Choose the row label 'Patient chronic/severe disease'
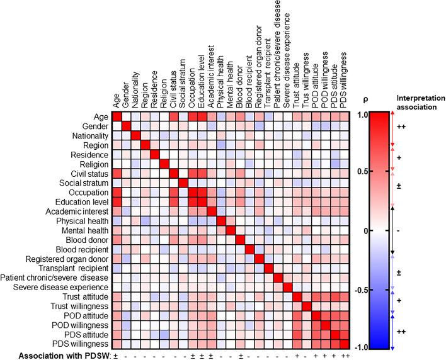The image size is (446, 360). tap(55, 278)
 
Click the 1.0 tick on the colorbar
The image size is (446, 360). tap(362, 115)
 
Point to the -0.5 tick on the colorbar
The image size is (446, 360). tap(360, 290)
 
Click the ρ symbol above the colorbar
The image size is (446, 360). tap(367, 99)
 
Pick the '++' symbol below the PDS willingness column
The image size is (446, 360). tap(344, 355)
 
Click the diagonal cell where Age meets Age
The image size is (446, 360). tap(117, 117)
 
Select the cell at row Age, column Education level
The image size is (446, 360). tap(202, 117)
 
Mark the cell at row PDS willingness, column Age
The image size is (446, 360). tap(117, 344)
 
